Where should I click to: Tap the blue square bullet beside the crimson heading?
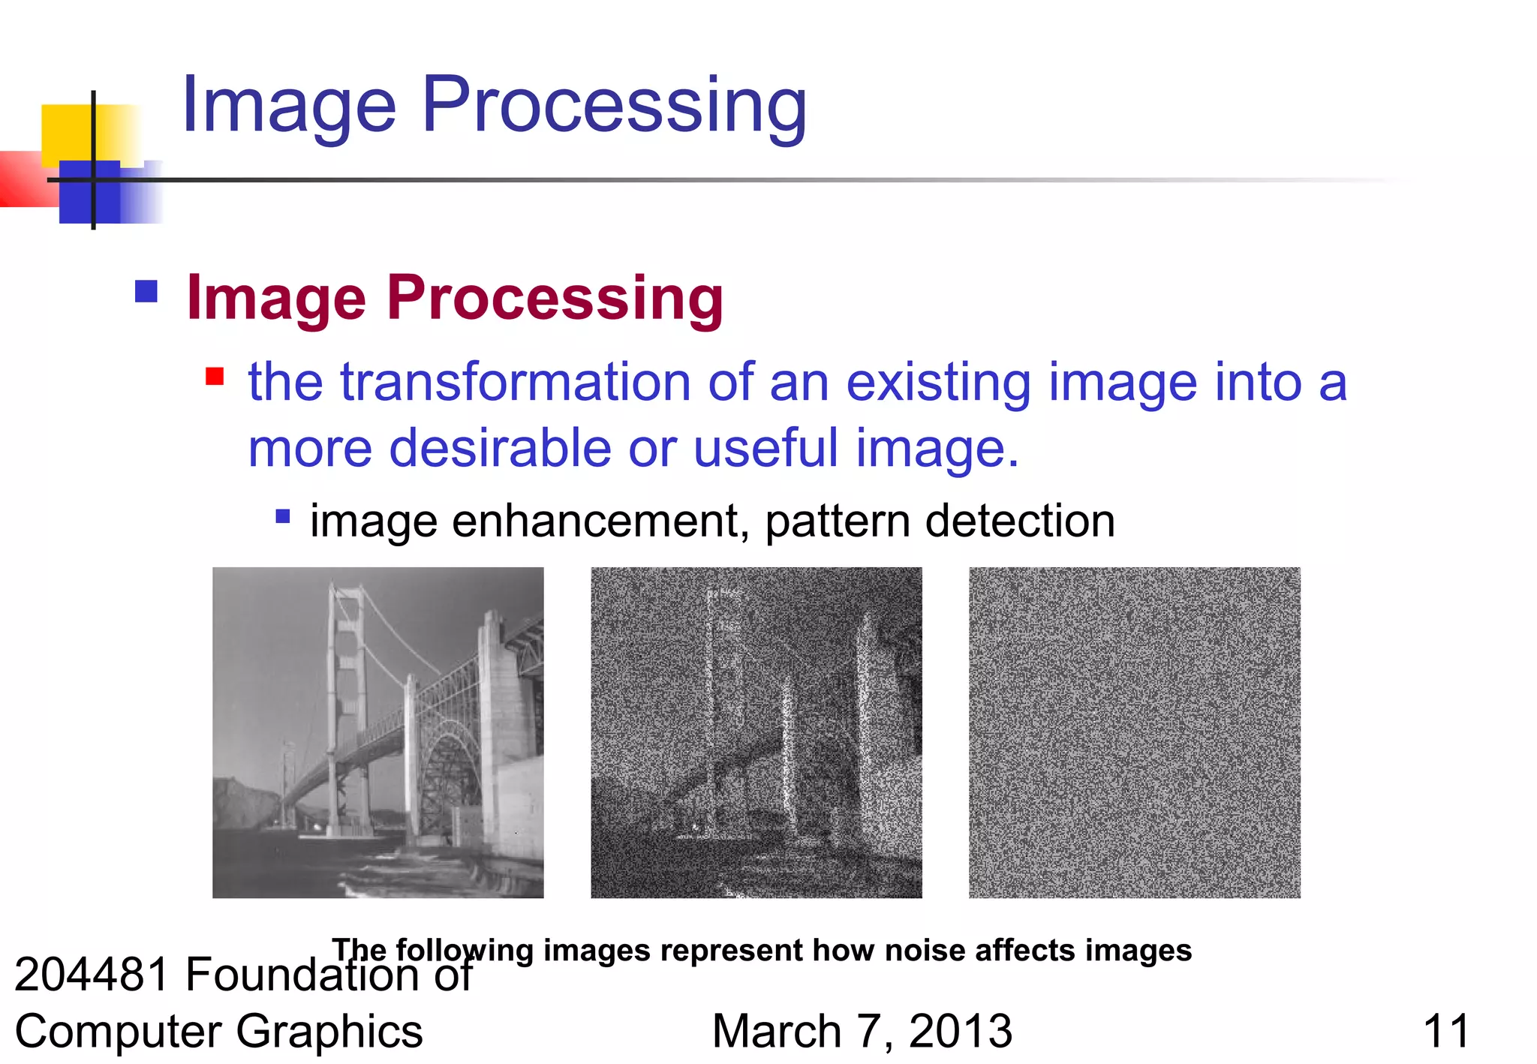click(146, 291)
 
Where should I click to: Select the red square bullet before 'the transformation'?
click(215, 375)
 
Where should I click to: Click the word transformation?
click(515, 382)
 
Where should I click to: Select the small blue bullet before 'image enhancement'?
click(283, 516)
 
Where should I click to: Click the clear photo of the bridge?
click(377, 732)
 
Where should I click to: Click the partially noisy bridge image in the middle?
click(756, 732)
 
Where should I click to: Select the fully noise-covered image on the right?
click(1134, 732)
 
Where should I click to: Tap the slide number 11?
click(1445, 1031)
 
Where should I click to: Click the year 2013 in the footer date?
click(960, 1031)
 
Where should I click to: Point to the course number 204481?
click(92, 974)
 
